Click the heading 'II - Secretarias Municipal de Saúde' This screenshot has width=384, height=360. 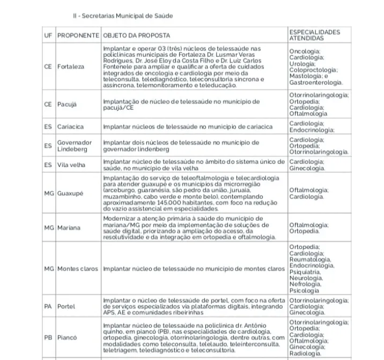123,16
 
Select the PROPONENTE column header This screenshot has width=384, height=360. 78,36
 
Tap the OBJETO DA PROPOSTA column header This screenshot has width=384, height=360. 136,36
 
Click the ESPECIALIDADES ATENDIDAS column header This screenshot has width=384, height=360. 314,35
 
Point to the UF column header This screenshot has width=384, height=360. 48,36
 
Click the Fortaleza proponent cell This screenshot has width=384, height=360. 71,67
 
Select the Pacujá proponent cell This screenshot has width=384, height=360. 68,104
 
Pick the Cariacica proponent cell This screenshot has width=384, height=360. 70,127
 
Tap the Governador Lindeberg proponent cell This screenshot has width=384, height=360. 75,146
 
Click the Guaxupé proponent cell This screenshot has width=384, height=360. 70,193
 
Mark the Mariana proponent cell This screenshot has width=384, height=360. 69,228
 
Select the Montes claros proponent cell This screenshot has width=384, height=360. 78,268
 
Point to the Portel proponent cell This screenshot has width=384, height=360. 66,306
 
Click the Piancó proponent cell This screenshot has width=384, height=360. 67,338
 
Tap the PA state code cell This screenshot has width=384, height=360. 48,306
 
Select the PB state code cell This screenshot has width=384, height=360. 48,338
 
